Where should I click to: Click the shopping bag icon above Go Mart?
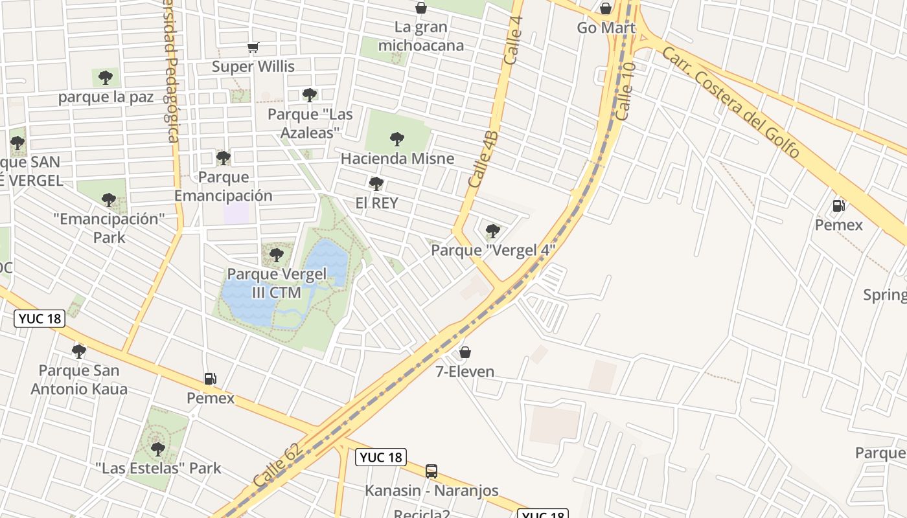606,8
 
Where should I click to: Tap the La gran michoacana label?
421,36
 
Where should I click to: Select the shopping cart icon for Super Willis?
253,47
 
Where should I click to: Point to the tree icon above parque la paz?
106,78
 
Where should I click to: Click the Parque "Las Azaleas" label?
310,123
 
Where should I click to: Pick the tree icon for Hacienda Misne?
397,139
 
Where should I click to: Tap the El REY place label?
376,203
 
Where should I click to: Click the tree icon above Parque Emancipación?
224,158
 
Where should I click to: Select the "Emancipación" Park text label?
109,228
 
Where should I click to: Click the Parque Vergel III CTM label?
277,283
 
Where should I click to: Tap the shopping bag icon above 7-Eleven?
465,353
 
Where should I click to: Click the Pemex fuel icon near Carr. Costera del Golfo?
838,207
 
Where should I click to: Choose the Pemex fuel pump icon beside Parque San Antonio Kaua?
210,379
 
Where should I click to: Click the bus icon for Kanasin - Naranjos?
431,471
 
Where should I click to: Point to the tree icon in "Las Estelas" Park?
157,449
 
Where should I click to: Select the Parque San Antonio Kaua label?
79,379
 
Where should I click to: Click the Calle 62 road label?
278,466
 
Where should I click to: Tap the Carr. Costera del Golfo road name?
730,103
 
